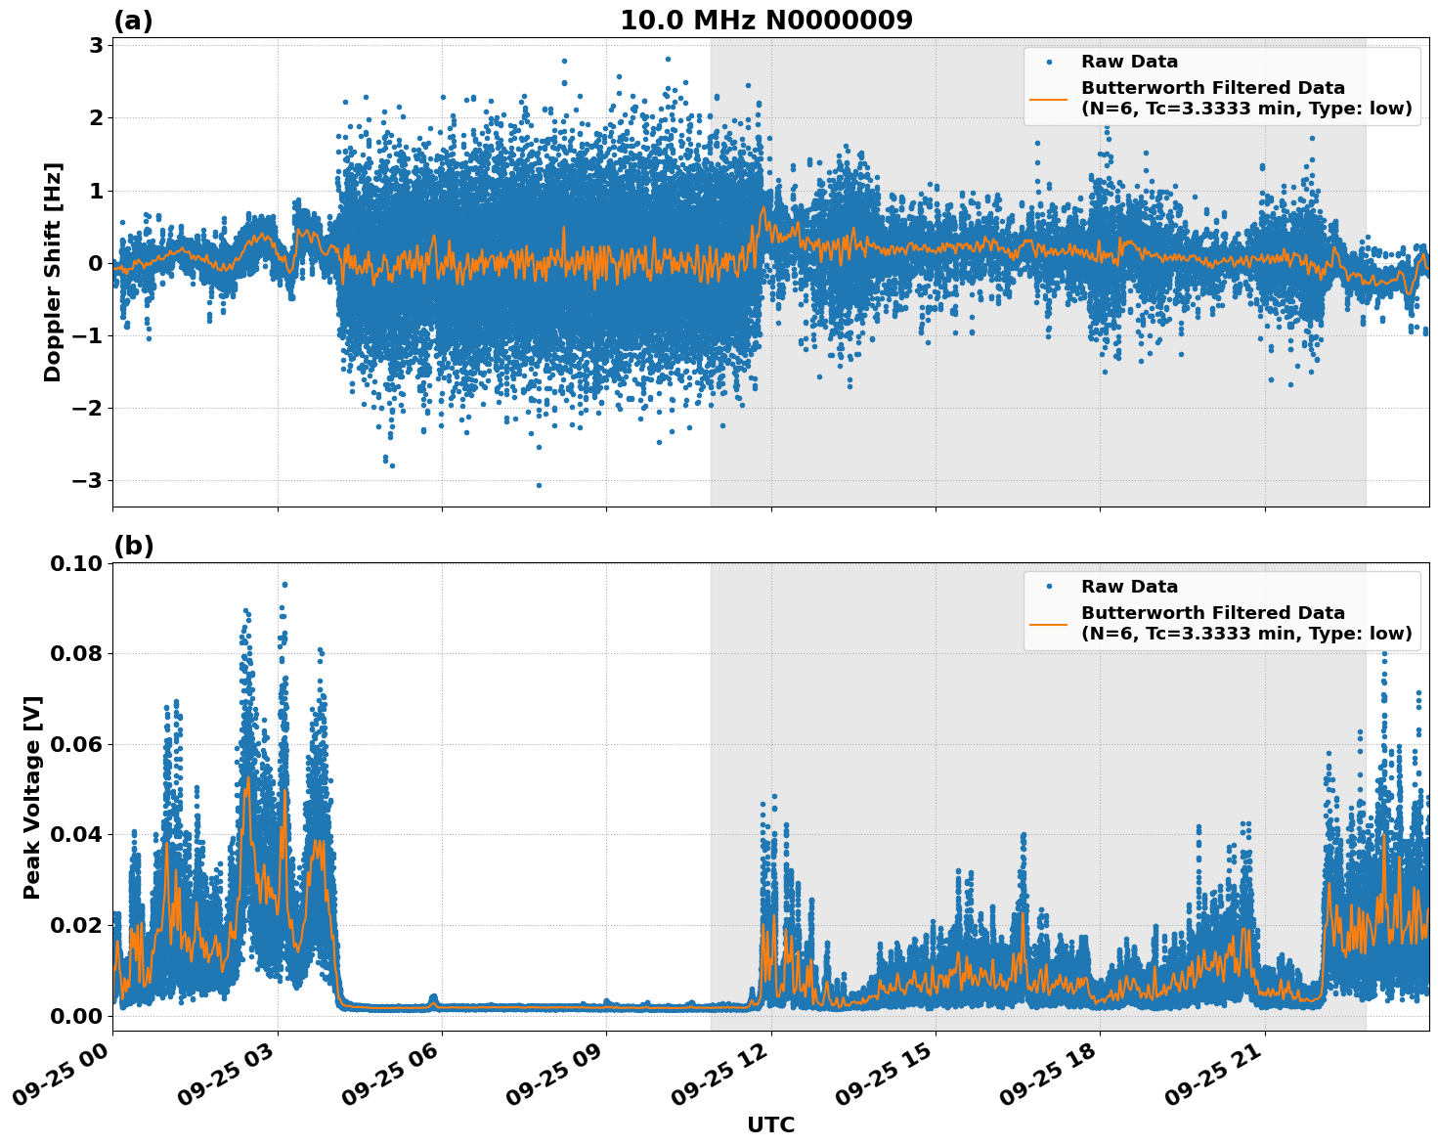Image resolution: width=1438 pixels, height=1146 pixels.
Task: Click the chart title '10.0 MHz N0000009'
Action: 765,21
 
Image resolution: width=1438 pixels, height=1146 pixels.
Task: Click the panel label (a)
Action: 133,21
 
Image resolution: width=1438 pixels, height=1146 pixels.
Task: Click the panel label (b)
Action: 133,546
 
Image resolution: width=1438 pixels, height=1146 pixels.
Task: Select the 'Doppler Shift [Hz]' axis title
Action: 53,272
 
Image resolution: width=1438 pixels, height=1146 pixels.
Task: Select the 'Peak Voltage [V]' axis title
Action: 32,797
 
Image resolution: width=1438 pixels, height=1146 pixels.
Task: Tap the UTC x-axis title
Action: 770,1124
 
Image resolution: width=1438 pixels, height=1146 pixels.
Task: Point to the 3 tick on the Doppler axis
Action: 96,45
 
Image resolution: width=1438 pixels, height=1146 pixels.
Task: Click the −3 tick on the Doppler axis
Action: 88,480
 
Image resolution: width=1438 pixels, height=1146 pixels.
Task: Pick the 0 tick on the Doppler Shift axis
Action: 96,263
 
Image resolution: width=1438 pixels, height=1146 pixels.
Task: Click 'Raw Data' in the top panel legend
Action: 1129,62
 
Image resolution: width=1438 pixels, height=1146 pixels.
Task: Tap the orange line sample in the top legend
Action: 1049,98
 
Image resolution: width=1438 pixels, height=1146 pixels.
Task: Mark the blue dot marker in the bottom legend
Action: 1049,587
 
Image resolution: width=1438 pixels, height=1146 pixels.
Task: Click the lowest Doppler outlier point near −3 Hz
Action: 539,485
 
